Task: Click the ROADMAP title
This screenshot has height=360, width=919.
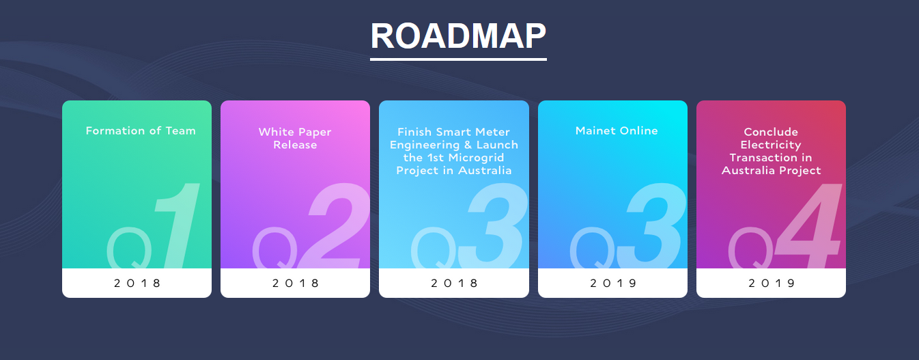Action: click(x=458, y=36)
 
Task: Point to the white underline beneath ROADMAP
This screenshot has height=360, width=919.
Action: click(x=458, y=59)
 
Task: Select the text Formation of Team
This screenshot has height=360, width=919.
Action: click(x=141, y=130)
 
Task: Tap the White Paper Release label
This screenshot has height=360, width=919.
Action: click(x=295, y=139)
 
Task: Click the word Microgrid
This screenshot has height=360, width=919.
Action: click(x=477, y=158)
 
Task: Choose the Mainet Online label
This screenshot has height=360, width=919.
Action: click(x=617, y=130)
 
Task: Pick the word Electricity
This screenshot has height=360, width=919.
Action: click(x=770, y=145)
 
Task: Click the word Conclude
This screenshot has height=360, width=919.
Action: click(x=771, y=132)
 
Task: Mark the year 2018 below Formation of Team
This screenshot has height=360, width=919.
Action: click(x=137, y=283)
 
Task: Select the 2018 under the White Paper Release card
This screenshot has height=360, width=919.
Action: click(x=296, y=283)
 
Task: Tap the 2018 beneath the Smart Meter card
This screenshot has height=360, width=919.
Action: click(x=454, y=283)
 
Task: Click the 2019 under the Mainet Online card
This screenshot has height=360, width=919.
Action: click(x=613, y=283)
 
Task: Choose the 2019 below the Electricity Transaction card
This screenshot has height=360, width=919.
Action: click(x=772, y=283)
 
